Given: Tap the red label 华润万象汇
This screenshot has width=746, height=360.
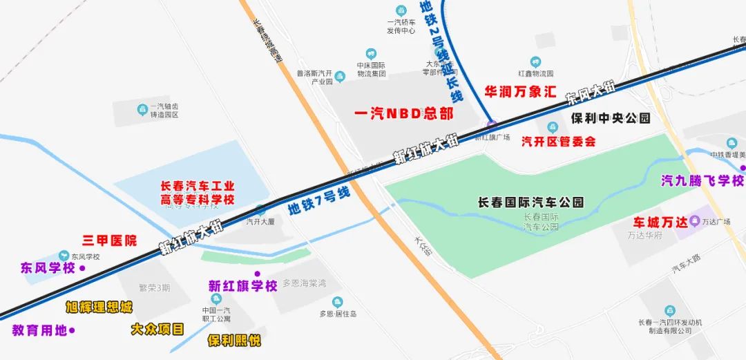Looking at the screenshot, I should click(x=520, y=91).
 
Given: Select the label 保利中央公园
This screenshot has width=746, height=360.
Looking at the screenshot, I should click(x=611, y=118).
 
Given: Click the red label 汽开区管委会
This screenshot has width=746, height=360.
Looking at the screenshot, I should click(x=558, y=142).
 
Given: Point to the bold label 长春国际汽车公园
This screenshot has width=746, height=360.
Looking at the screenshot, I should click(x=531, y=202).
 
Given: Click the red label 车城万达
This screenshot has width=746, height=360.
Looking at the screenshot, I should click(x=661, y=222).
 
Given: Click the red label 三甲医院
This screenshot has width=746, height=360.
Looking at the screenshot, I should click(x=109, y=240).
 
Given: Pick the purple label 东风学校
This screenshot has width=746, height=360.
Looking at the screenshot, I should click(x=48, y=268).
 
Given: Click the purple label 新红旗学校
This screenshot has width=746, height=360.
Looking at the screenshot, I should click(x=243, y=285).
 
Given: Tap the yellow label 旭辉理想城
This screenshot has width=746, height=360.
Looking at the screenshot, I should click(x=99, y=307).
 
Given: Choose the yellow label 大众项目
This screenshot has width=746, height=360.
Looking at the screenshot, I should click(x=157, y=329).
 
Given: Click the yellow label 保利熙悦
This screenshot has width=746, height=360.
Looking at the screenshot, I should click(x=234, y=340).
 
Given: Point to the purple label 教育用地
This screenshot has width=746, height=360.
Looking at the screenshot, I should click(x=39, y=330).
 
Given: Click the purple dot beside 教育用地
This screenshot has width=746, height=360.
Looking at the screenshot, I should click(x=72, y=330).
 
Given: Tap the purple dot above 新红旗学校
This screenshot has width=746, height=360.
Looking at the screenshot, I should click(x=257, y=274).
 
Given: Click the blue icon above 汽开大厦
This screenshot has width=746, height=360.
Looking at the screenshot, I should click(x=260, y=210).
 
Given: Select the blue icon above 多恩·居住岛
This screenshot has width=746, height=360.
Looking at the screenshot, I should click(x=337, y=301).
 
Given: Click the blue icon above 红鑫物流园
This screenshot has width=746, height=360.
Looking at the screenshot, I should click(x=535, y=62).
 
